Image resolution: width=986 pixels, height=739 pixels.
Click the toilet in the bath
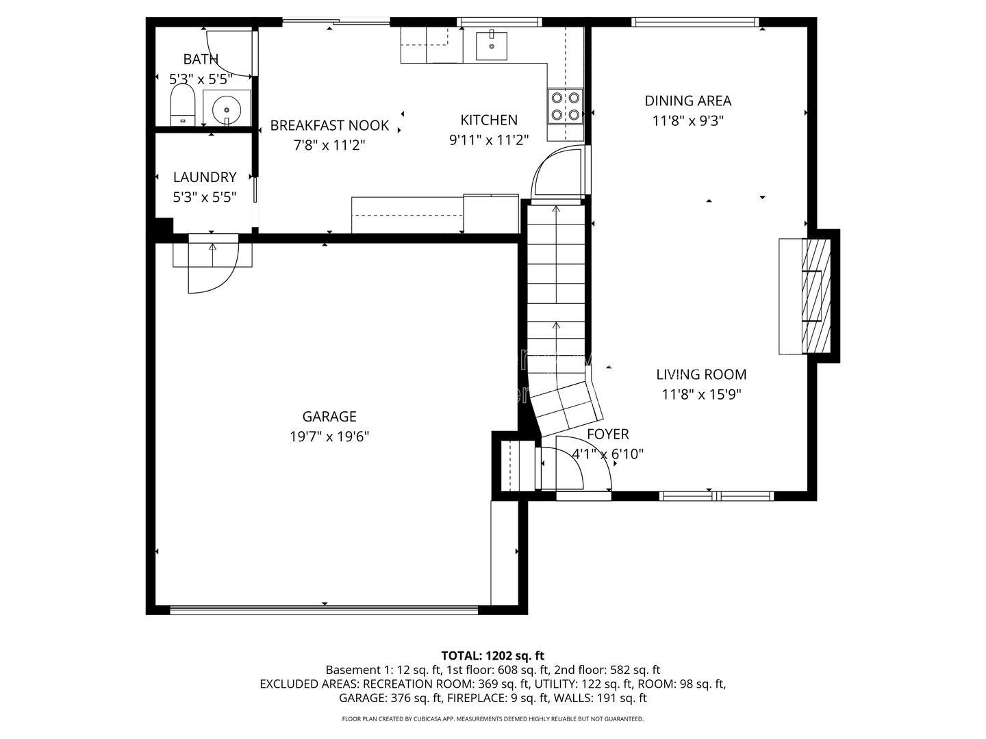pos(183,105)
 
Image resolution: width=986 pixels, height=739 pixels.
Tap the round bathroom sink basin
pos(227,109)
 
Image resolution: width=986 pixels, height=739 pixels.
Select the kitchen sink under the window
pos(492,45)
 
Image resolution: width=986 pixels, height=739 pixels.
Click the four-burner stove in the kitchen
pos(565,106)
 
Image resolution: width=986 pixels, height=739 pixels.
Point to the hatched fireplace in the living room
pos(816,296)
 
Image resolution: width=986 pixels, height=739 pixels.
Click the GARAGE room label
pos(329,417)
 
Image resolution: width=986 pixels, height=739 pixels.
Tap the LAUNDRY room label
pos(205,177)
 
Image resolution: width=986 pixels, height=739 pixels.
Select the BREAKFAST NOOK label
pos(329,126)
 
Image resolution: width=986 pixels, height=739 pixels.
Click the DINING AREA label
pos(687,101)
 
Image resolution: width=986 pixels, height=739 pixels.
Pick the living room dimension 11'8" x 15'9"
pos(701,394)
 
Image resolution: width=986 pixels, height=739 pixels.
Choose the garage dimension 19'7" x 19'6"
pos(329,437)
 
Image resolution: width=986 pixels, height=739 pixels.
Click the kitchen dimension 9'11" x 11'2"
pos(489,140)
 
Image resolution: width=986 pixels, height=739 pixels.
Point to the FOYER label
pos(608,434)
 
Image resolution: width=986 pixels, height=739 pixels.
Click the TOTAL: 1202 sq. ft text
pos(493,656)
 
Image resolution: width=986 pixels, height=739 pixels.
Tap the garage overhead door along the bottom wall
pos(324,609)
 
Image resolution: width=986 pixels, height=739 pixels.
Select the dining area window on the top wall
pos(695,21)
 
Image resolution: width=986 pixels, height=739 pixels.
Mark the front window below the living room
pos(716,496)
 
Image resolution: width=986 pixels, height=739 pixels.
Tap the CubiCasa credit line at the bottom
pos(493,718)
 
